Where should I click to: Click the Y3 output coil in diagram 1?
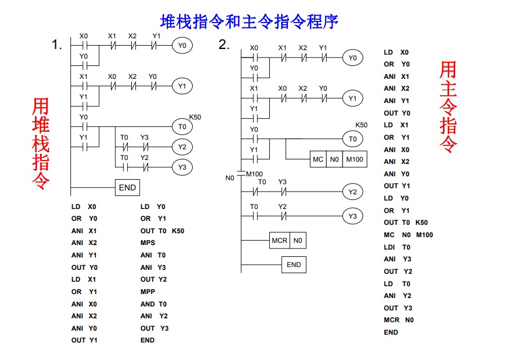point(181,167)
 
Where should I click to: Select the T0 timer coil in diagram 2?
point(352,139)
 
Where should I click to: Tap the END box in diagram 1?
point(127,188)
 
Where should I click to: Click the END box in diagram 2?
point(294,265)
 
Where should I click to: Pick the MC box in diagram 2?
point(318,159)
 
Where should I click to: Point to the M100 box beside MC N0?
point(354,159)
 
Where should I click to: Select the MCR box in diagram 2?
point(279,241)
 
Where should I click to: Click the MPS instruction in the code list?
point(148,243)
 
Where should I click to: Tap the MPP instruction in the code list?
point(148,292)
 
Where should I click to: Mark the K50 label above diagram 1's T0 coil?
point(195,117)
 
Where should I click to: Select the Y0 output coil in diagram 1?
point(181,45)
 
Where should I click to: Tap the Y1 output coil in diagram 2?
point(352,99)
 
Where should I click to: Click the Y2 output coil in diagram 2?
point(352,193)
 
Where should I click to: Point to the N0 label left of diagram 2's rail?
point(229,178)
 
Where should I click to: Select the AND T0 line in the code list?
point(153,304)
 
